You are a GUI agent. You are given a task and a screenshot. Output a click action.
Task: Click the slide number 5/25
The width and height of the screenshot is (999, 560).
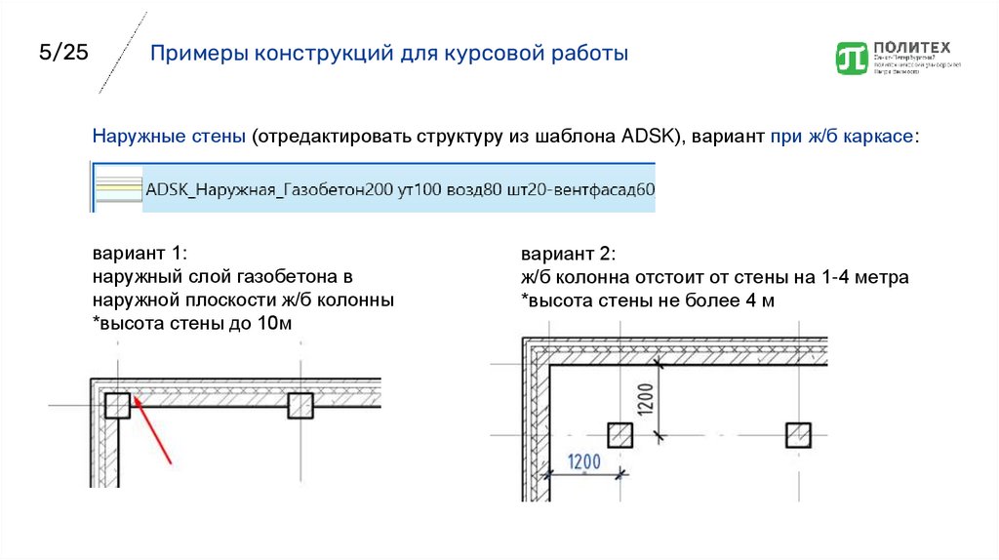(x=63, y=53)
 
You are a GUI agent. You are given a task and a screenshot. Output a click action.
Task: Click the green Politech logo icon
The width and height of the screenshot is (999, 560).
(x=852, y=58)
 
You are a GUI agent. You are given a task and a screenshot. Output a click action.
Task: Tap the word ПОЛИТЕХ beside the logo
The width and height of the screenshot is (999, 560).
(x=912, y=46)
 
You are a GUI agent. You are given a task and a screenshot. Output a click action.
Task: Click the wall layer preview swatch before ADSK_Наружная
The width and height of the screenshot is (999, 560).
(x=116, y=188)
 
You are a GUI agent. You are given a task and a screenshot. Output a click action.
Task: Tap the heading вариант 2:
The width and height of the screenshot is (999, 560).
(x=567, y=255)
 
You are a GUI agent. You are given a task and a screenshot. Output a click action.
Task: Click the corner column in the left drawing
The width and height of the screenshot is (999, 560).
(x=117, y=406)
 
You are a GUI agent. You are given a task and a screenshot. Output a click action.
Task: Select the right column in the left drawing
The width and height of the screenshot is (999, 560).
(x=300, y=406)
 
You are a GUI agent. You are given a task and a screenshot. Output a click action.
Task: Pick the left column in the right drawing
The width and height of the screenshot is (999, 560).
(x=619, y=435)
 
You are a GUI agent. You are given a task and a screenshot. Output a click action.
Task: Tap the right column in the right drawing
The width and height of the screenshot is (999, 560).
(x=798, y=435)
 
